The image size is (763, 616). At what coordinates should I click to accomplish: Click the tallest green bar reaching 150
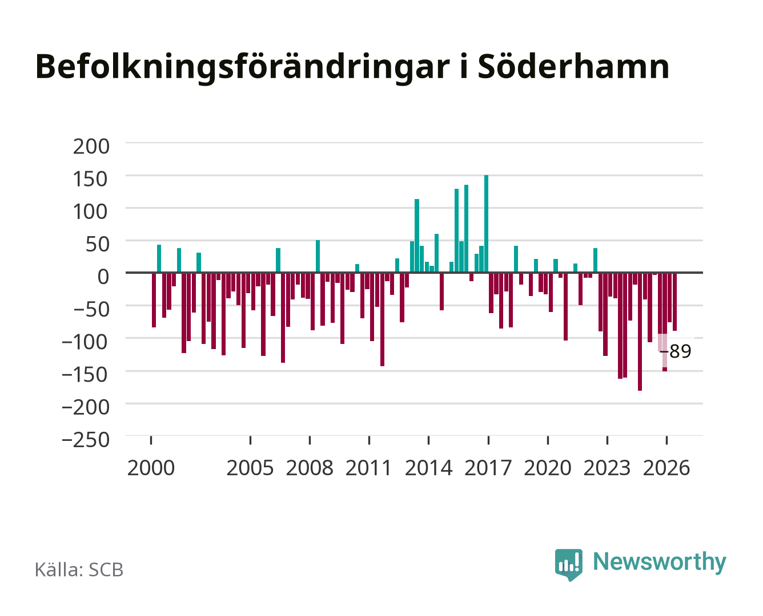tap(486, 224)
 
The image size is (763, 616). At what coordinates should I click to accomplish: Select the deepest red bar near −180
tap(640, 331)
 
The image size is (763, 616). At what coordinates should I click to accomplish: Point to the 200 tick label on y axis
tap(91, 147)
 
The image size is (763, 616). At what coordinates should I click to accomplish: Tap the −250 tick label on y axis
tap(86, 440)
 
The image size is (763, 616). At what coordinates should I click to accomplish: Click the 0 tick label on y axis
tap(103, 277)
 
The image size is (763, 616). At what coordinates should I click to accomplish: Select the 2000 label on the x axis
tap(151, 468)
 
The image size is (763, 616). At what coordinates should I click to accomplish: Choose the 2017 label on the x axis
tap(488, 468)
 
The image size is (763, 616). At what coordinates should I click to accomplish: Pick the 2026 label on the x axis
tap(666, 468)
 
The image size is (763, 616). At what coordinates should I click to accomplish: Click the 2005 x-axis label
tap(250, 468)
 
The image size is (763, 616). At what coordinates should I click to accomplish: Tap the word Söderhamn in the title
tap(573, 67)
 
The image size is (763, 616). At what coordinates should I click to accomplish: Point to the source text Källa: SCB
tap(79, 569)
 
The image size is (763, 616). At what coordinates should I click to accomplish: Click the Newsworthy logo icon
tap(568, 565)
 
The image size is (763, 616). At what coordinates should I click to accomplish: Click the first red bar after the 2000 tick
tap(154, 300)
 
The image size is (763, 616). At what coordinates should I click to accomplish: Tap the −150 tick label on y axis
tap(85, 375)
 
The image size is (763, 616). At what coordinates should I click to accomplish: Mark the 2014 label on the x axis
tap(429, 468)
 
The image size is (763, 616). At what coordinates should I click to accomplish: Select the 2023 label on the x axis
tap(607, 468)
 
